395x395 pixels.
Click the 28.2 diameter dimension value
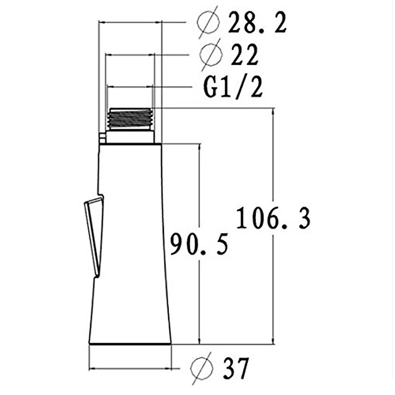tap(257, 23)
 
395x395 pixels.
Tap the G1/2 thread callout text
tap(233, 88)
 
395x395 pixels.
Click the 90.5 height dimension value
tap(199, 244)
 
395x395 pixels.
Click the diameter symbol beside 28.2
tap(208, 23)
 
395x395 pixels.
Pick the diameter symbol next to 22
tap(211, 55)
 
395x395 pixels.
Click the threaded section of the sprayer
tap(130, 119)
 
